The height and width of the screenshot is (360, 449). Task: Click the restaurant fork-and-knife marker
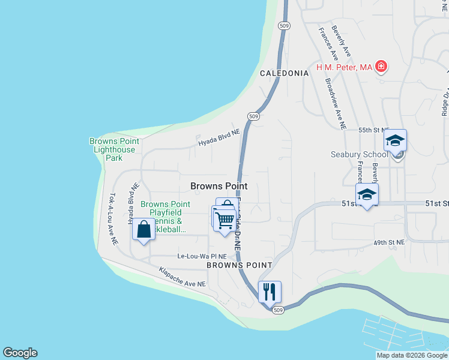click(270, 292)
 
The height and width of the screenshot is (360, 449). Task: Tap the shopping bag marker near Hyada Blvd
click(143, 229)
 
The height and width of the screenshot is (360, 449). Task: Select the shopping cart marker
click(224, 219)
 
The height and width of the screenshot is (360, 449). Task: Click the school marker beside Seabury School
click(395, 141)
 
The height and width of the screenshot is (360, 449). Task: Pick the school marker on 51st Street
click(367, 195)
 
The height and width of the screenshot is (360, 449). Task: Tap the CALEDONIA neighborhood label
click(284, 73)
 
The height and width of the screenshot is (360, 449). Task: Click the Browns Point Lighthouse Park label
click(113, 149)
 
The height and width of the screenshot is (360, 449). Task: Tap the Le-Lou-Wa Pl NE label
click(202, 256)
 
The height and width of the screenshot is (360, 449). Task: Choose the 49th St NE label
click(389, 242)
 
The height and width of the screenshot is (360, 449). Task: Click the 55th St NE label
click(374, 130)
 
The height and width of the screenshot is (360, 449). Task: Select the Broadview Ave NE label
click(335, 104)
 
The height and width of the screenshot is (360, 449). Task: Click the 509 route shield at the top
click(285, 26)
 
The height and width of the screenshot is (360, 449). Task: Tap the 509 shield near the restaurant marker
click(277, 310)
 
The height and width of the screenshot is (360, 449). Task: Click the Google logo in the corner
click(20, 353)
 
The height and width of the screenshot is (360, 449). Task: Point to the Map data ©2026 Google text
click(411, 355)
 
